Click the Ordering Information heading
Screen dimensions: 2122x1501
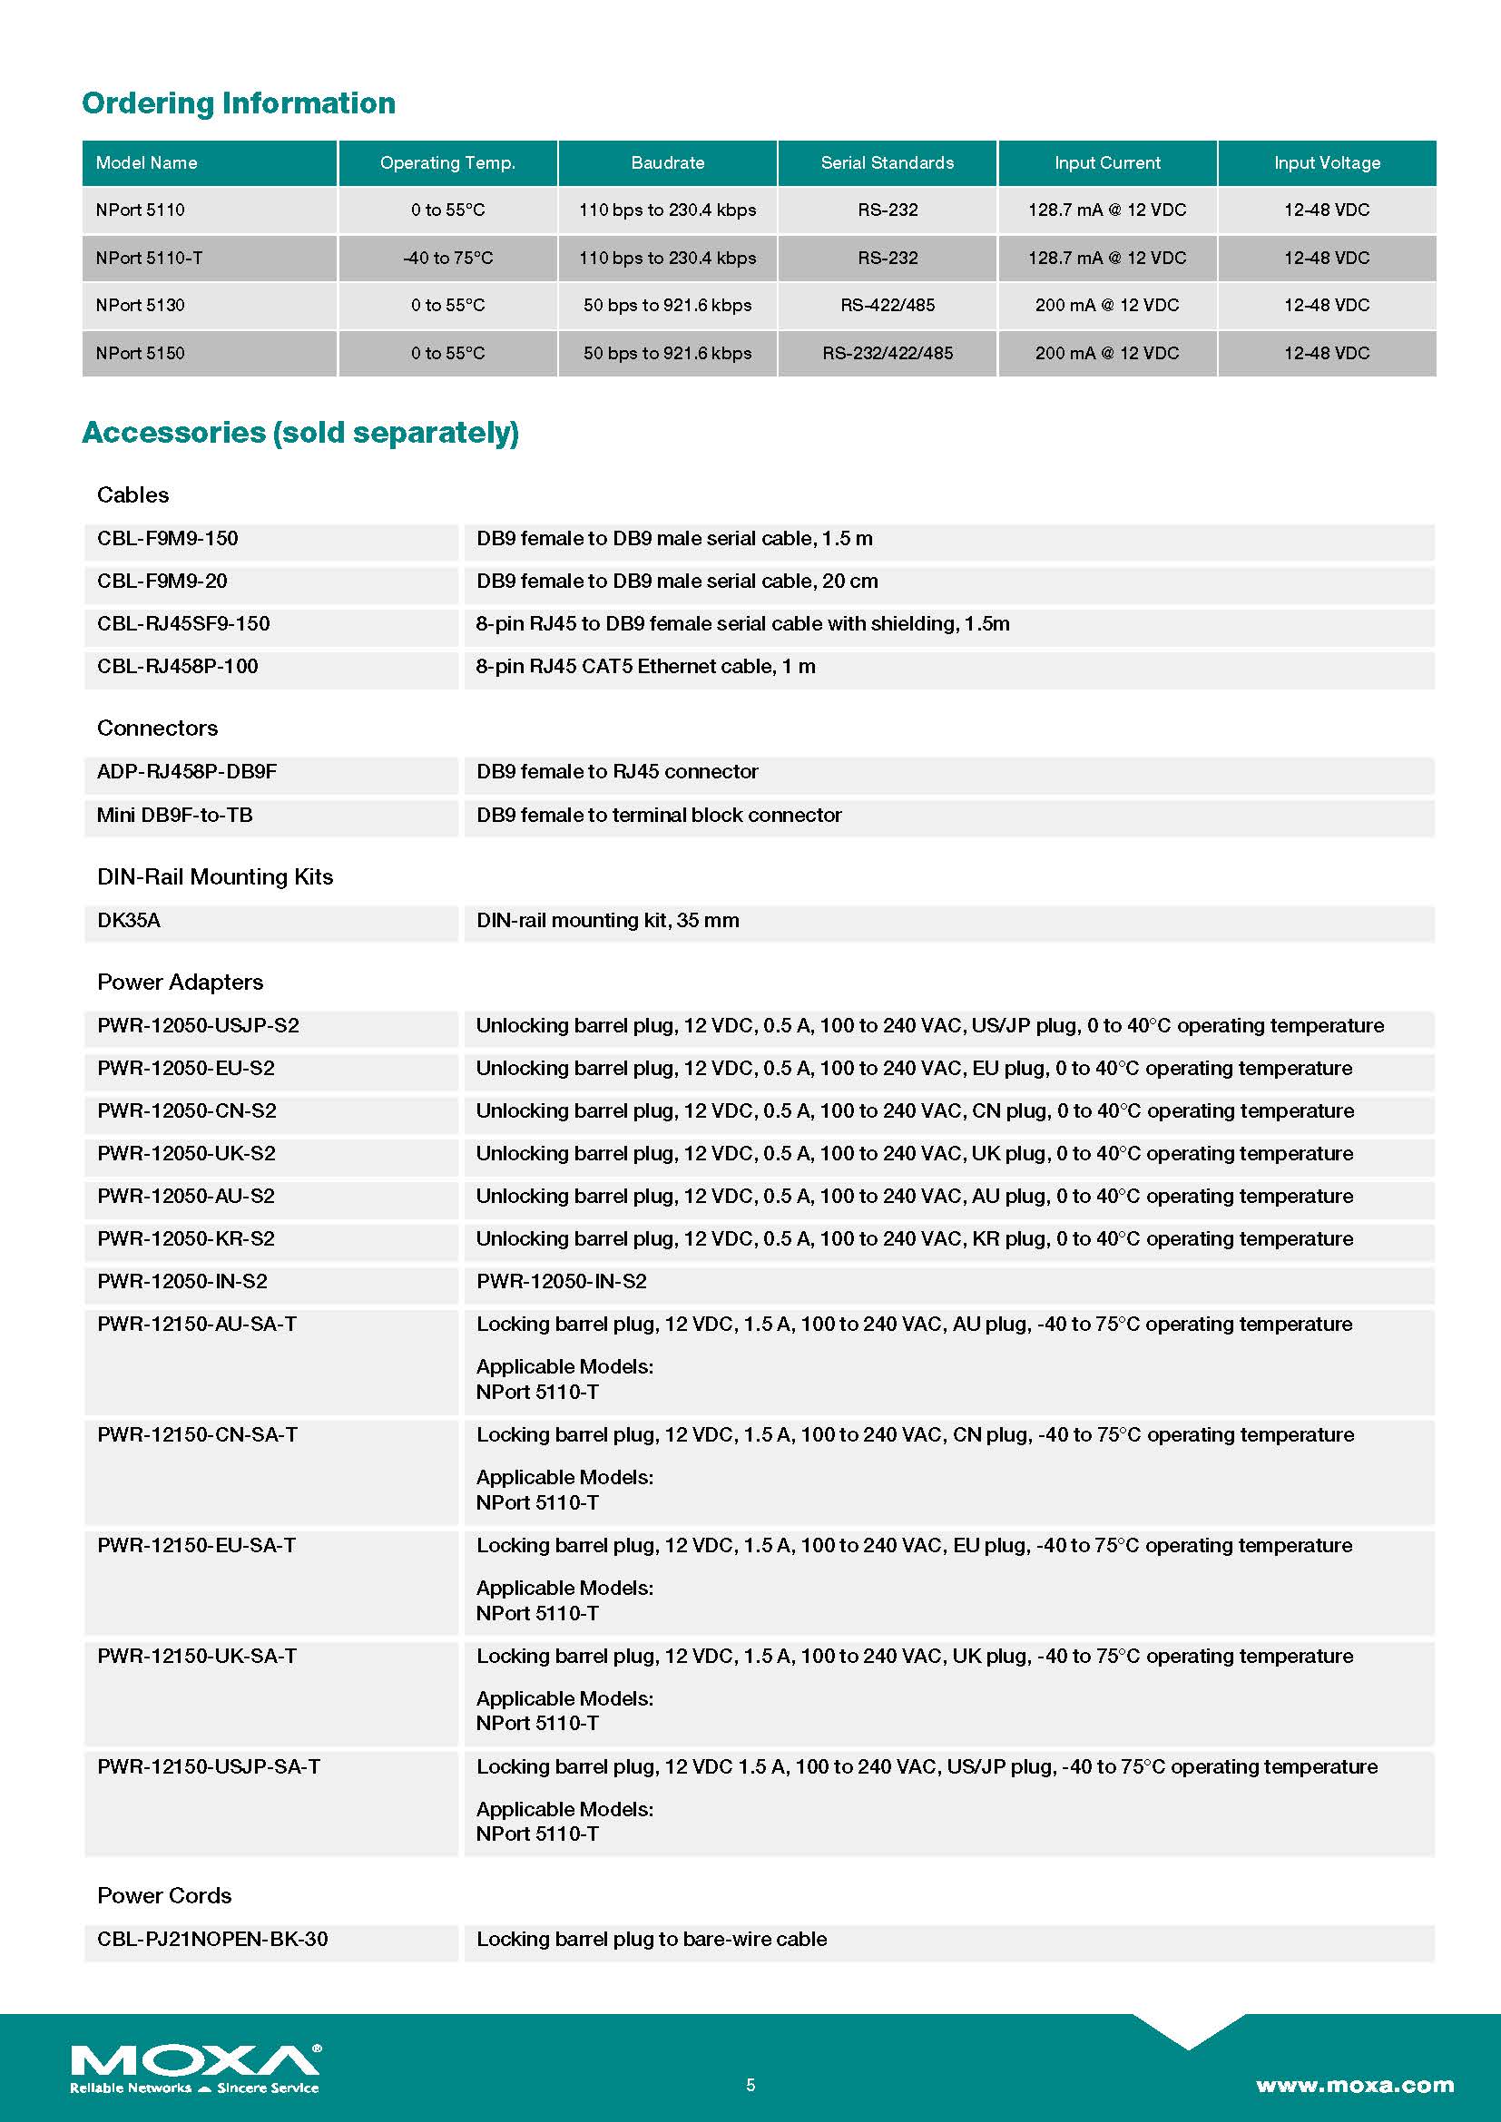coord(239,103)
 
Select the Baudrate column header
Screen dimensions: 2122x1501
coord(667,162)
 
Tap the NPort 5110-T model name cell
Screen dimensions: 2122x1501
coord(149,258)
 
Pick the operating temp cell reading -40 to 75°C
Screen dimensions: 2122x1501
coord(448,258)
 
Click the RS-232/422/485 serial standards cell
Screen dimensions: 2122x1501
coord(888,353)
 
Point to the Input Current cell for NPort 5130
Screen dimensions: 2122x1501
coord(1106,305)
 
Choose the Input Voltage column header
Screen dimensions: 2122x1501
coord(1327,162)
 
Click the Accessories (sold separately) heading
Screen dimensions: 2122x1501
coord(300,433)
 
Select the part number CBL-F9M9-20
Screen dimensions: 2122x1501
coord(162,582)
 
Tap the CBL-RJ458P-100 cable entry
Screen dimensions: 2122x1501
coord(178,667)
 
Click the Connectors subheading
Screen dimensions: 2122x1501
coord(157,729)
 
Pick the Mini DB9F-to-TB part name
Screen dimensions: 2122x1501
coord(174,816)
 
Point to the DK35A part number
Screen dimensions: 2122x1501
coord(129,921)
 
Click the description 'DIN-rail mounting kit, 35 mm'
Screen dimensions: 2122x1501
coord(607,921)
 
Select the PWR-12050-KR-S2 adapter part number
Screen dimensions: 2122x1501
coord(186,1238)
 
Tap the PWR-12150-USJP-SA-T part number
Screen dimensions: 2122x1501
coord(209,1766)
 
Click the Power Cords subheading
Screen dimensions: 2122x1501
coord(164,1895)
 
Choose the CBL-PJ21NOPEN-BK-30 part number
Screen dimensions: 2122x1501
coord(212,1939)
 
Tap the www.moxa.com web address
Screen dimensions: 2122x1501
coord(1354,2085)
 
